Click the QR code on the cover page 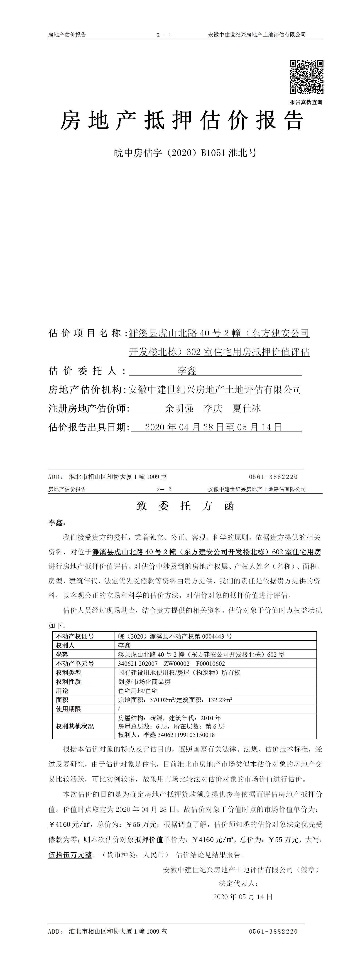pos(306,77)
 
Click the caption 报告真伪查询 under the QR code pos(306,102)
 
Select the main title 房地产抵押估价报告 pos(182,121)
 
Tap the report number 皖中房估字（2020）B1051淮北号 pos(185,153)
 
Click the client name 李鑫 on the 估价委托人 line pos(187,371)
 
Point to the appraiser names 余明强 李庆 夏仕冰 pos(213,408)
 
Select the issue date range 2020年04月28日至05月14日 pos(213,427)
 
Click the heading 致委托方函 pos(185,506)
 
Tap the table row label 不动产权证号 pos(75,636)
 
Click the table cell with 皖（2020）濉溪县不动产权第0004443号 pos(175,636)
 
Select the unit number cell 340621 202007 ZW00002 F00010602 pos(171,663)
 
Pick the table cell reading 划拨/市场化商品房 pos(144,681)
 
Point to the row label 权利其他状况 pos(75,726)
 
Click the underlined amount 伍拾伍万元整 pos(70,855)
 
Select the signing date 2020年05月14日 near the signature pos(243,897)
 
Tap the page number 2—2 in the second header pos(164,489)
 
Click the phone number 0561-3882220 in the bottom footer pos(273,932)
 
